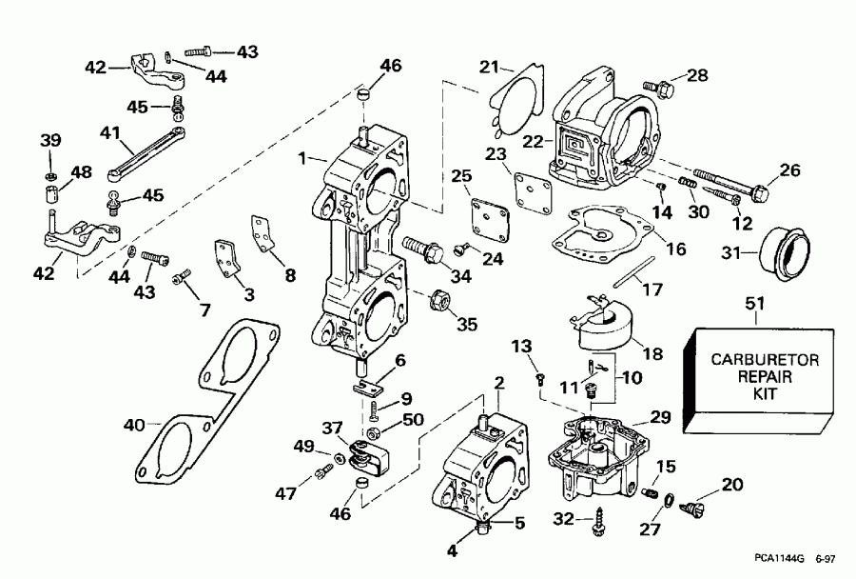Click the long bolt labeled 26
point(732,185)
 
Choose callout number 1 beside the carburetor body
point(303,157)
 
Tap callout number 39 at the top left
point(49,142)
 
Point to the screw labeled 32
point(600,519)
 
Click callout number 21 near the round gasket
point(489,66)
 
